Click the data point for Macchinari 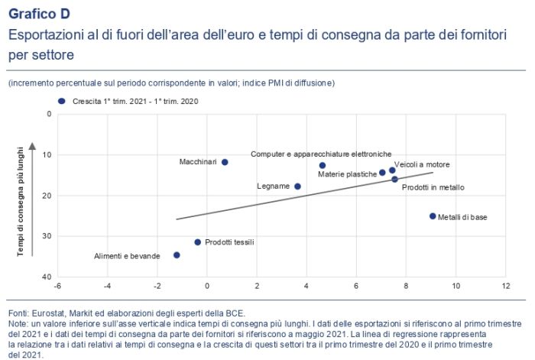[225, 162]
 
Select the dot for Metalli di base [433, 216]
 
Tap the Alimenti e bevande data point [177, 255]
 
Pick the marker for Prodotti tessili [197, 242]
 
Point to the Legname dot [297, 186]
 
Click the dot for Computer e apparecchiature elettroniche [323, 165]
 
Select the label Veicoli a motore [421, 164]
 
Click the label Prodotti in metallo [433, 187]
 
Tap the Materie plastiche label [348, 174]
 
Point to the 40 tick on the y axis [48, 277]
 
